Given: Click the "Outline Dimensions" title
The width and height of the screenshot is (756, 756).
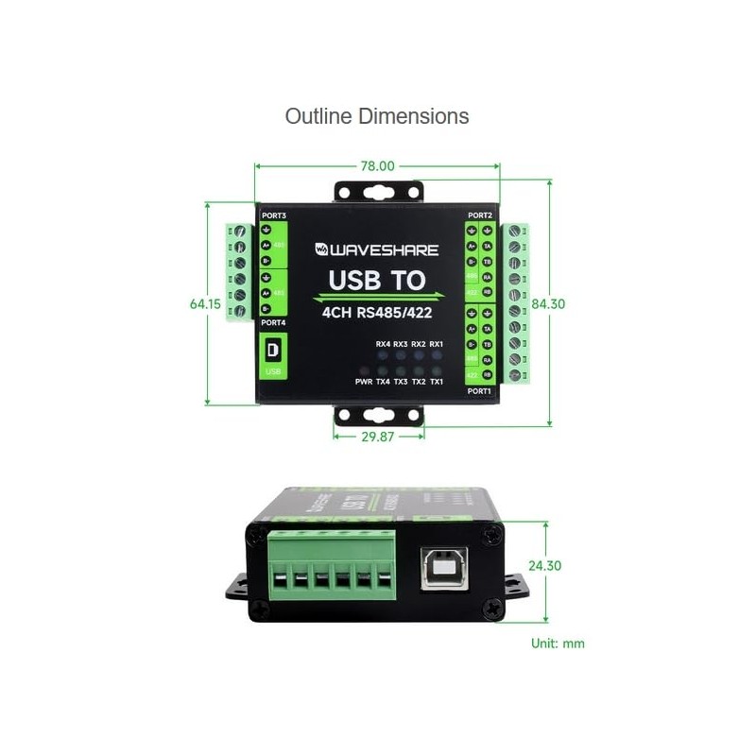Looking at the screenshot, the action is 377,116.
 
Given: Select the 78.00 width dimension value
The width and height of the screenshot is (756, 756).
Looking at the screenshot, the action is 377,165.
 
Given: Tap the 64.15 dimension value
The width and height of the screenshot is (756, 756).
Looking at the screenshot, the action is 205,304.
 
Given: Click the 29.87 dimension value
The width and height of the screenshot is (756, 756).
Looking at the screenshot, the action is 377,438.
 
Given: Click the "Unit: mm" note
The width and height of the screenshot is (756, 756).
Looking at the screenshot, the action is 558,644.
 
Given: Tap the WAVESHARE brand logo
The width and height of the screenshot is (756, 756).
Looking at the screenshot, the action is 377,250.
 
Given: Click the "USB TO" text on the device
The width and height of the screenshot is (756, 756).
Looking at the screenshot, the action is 377,281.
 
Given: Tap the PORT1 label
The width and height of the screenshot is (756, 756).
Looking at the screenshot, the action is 480,390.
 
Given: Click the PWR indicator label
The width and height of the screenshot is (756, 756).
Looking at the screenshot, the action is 364,383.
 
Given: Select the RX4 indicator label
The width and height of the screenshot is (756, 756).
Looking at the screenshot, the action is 383,345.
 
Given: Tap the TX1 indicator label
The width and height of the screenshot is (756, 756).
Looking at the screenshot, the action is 437,383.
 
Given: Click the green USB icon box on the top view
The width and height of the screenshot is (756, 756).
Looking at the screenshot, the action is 273,353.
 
